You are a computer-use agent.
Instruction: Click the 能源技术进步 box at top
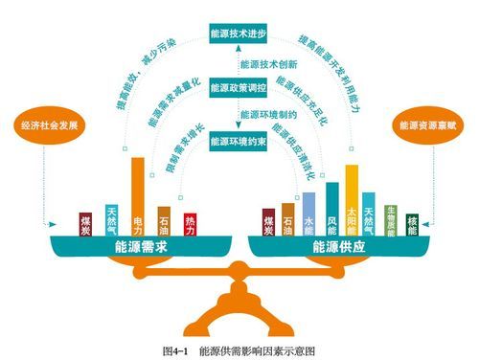(238, 34)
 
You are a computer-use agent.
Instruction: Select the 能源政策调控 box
(238, 87)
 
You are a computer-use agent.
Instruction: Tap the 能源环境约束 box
(238, 142)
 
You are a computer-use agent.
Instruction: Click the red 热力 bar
(190, 225)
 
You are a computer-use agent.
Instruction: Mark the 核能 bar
(412, 225)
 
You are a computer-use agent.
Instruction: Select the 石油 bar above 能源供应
(287, 219)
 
